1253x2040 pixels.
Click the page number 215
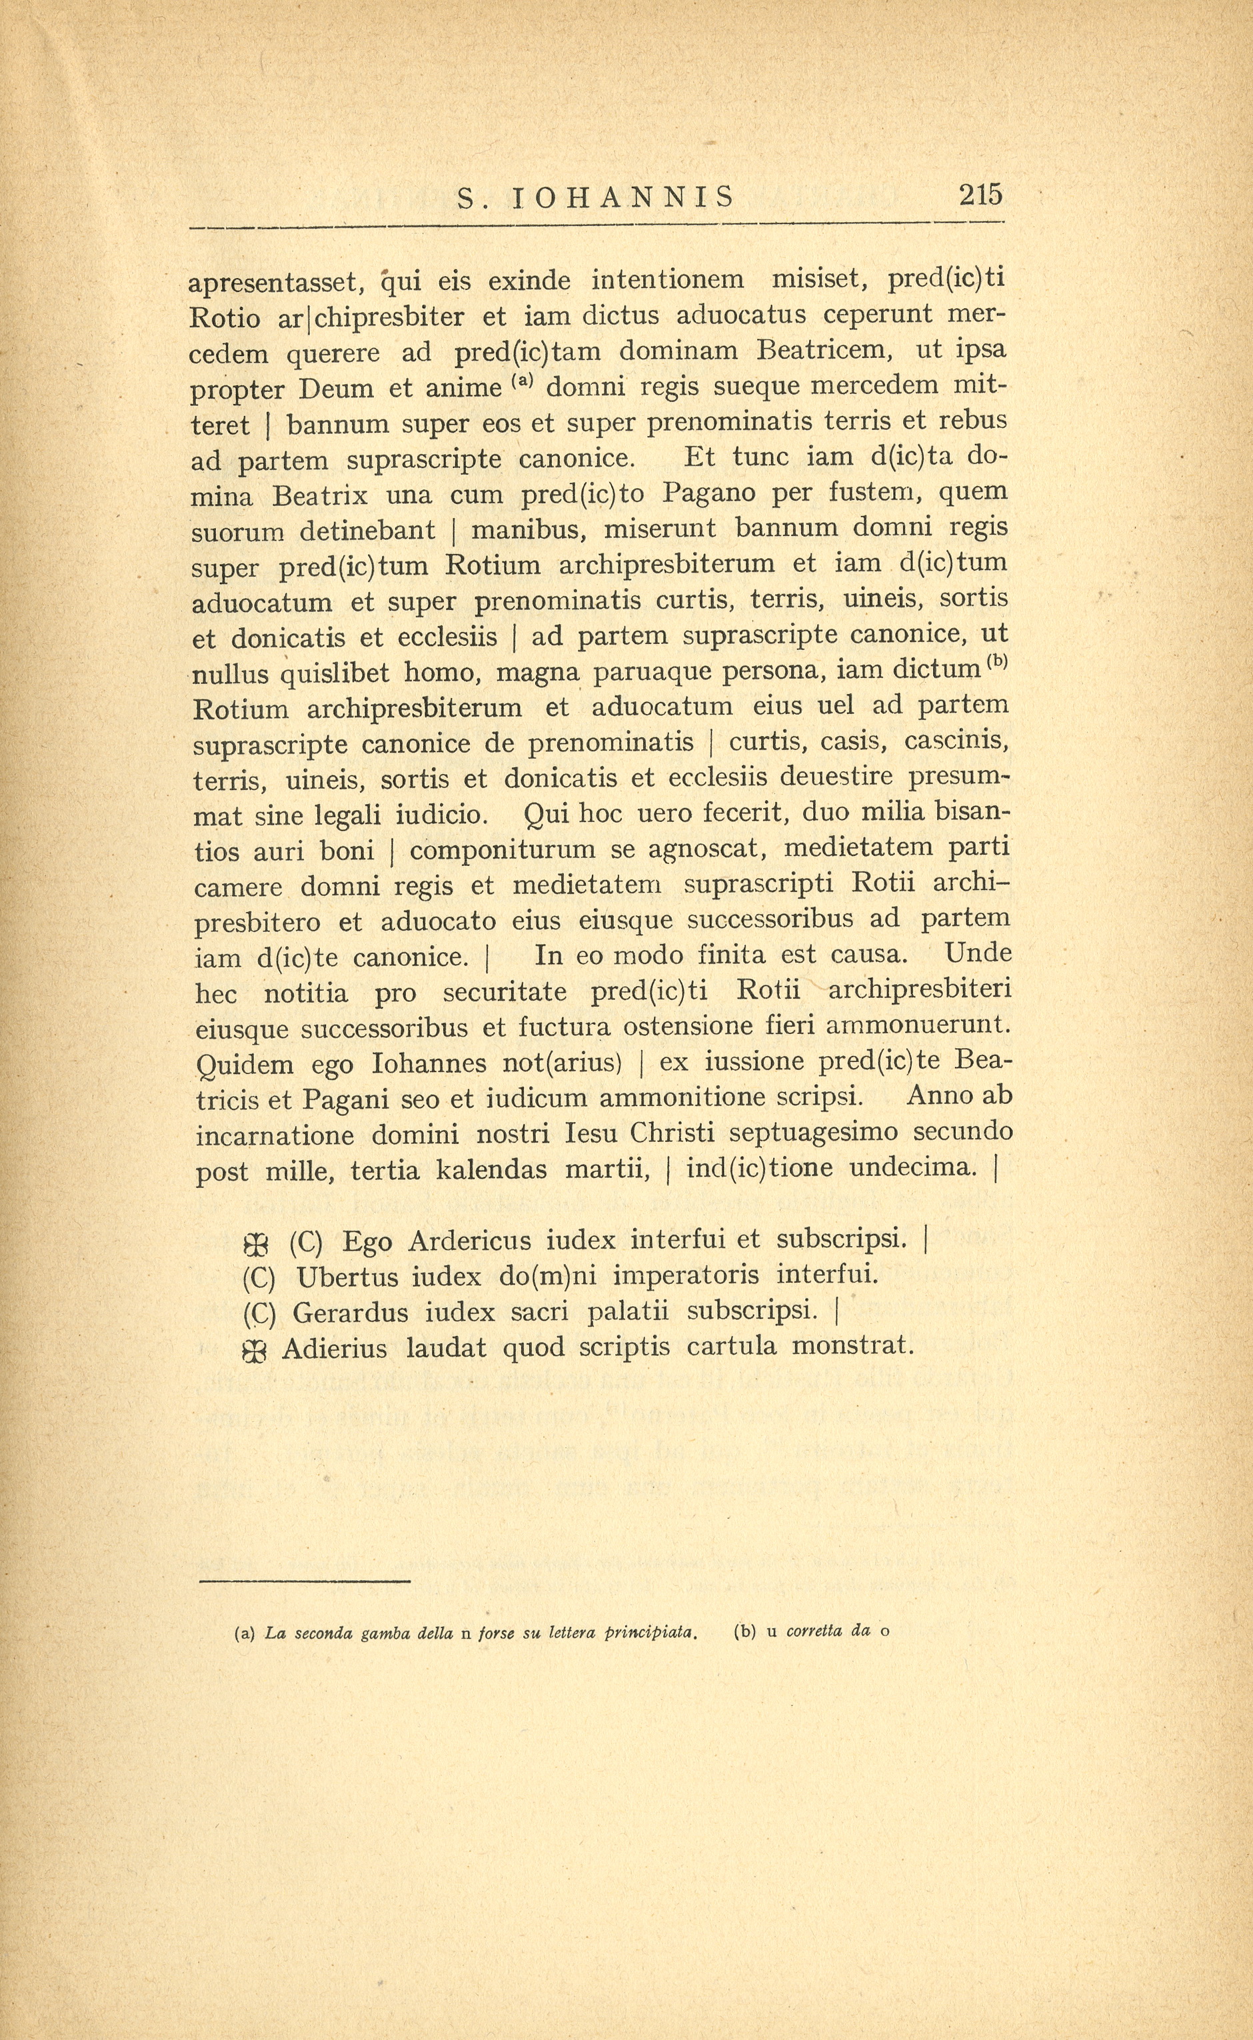pyautogui.click(x=980, y=195)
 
